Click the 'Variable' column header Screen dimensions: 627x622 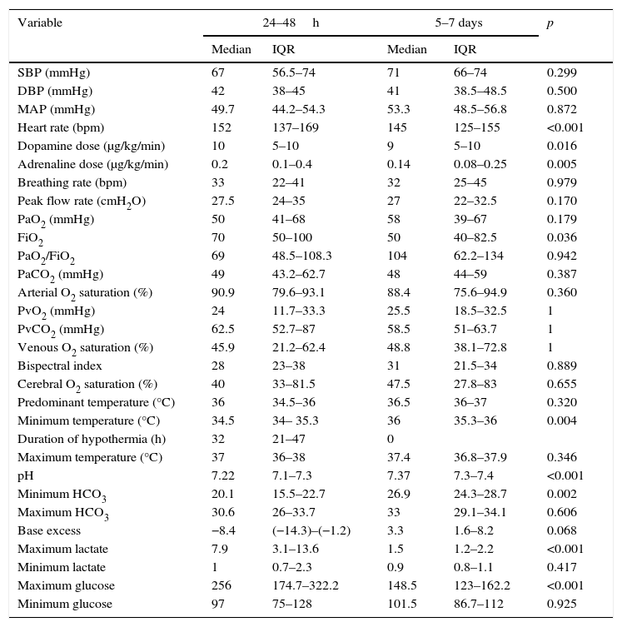tap(39, 23)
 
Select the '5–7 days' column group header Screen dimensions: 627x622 tap(458, 23)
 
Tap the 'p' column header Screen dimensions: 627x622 tap(550, 23)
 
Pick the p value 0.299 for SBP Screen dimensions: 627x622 tap(560, 72)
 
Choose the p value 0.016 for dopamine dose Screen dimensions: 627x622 tap(560, 146)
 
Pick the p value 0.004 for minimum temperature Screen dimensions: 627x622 tap(560, 420)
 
